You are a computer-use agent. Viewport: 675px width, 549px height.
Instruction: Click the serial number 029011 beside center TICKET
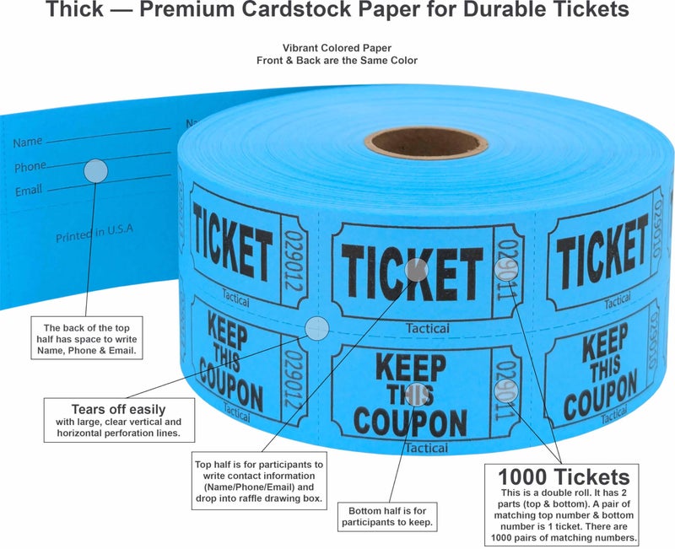(506, 273)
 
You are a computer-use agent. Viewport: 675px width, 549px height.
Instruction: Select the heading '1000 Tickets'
(564, 476)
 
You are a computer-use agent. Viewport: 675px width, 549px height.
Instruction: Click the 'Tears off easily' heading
(118, 410)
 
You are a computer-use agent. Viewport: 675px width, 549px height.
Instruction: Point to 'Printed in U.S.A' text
(94, 233)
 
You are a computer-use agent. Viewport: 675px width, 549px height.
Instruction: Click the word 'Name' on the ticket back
(28, 143)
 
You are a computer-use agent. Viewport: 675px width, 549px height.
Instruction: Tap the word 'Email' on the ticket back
(29, 191)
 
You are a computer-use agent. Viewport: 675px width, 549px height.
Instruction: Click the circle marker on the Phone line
(96, 171)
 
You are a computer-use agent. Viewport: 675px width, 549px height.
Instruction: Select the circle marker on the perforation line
(316, 329)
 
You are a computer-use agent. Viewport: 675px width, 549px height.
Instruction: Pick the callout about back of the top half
(89, 339)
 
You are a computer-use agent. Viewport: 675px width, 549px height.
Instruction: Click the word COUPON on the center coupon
(410, 421)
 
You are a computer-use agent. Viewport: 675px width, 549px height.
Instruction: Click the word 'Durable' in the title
(510, 11)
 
